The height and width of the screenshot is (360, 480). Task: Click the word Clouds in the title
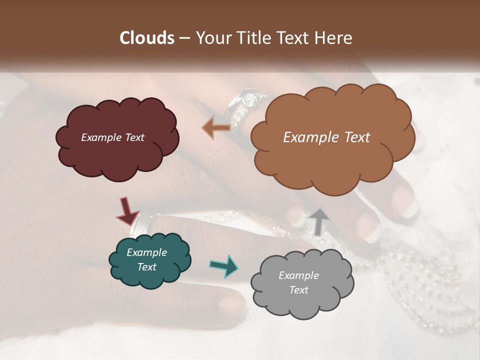pyautogui.click(x=147, y=38)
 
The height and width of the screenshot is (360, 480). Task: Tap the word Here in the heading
pyautogui.click(x=334, y=38)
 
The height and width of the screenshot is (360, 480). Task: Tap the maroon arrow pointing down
pyautogui.click(x=127, y=211)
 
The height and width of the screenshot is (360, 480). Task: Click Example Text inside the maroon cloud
pyautogui.click(x=112, y=137)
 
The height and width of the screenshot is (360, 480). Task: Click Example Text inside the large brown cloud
pyautogui.click(x=326, y=137)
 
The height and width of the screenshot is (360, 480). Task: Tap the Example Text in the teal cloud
pyautogui.click(x=146, y=259)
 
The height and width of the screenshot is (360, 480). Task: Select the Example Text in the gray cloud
pyautogui.click(x=298, y=282)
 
